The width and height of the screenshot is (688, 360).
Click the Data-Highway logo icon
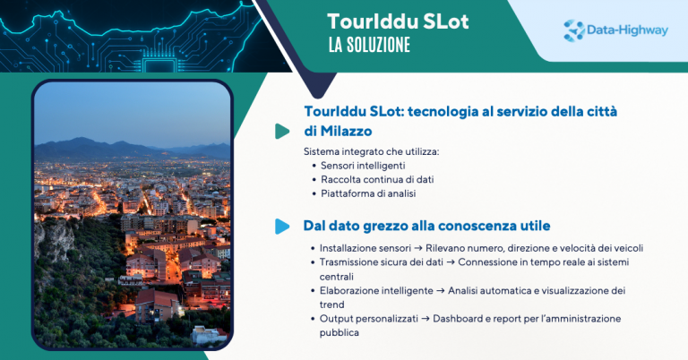(x=574, y=30)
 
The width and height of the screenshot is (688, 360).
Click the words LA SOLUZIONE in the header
(x=369, y=45)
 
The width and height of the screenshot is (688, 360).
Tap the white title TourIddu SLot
(x=398, y=21)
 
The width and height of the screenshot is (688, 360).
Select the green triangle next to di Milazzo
(x=282, y=131)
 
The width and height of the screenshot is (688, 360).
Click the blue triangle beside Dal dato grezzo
(x=282, y=227)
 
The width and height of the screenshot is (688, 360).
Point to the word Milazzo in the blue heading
(x=346, y=131)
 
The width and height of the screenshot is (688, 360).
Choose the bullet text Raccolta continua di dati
(x=377, y=179)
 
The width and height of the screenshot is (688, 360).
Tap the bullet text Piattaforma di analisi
(x=368, y=193)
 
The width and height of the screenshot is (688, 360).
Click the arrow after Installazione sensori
(x=418, y=248)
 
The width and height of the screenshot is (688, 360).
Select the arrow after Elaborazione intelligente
(x=440, y=291)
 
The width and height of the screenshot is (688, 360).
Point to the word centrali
(x=337, y=277)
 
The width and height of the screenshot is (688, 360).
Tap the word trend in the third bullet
(x=331, y=304)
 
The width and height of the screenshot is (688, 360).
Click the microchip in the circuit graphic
(x=160, y=65)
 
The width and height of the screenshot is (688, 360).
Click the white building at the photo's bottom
(x=207, y=335)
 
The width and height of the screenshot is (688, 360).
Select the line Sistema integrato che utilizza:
(x=371, y=151)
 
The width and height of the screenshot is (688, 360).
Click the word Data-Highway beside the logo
(x=627, y=30)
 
